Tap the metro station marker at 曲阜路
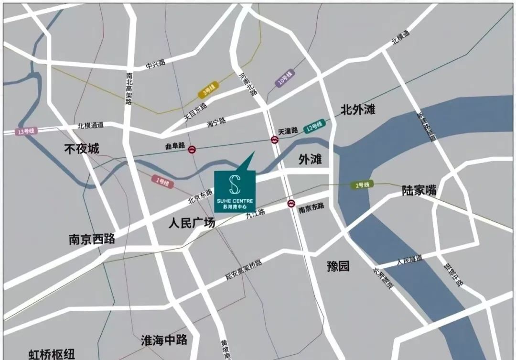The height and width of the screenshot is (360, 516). coord(192,149)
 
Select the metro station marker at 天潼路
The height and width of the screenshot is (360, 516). coord(275,140)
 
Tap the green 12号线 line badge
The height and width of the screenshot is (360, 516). coord(316,126)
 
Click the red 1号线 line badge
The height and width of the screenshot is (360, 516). coord(162,182)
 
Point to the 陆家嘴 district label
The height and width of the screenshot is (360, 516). coord(419,190)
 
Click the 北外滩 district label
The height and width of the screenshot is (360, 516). coord(358,110)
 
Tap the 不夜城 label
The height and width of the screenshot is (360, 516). coord(82,149)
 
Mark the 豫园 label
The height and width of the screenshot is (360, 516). coord(338,266)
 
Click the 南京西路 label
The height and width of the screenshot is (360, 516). coord(92,240)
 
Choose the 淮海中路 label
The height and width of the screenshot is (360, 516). coord(164,340)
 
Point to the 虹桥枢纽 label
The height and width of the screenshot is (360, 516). coord(52,354)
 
